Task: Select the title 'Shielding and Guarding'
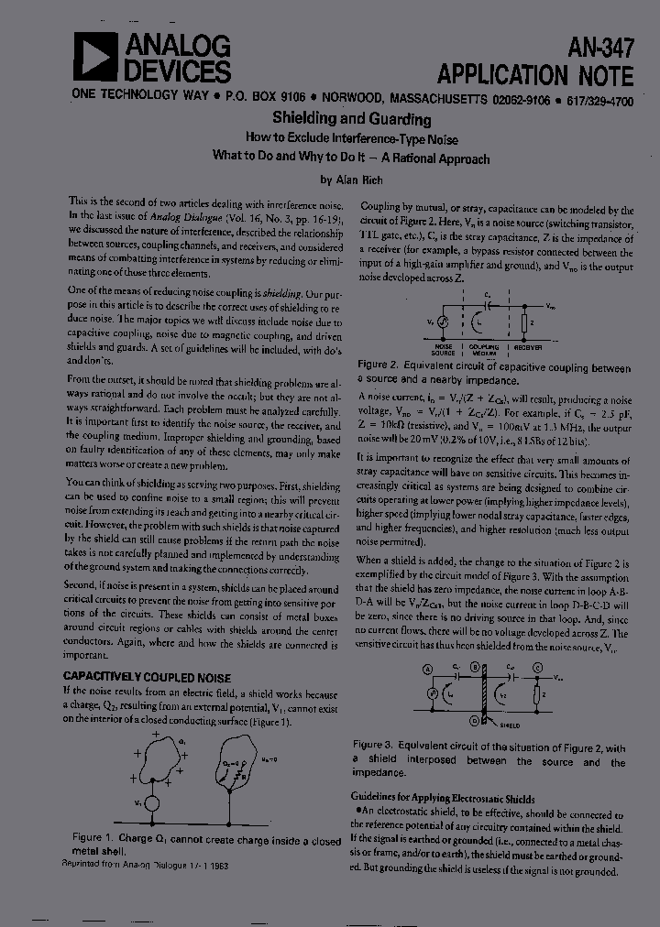[x=352, y=119]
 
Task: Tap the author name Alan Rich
[x=353, y=180]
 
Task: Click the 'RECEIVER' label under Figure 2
[x=528, y=348]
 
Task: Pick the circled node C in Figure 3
[x=538, y=671]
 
